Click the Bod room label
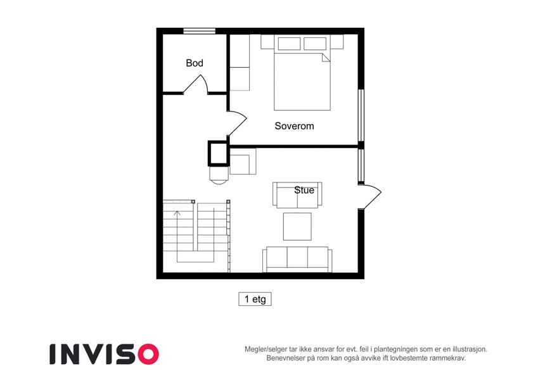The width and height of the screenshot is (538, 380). pos(194,63)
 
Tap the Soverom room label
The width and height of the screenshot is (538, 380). pos(294,126)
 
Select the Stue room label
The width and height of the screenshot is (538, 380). pos(304,190)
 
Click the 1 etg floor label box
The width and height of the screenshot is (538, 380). pos(255,299)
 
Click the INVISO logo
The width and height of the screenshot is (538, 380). pos(105,354)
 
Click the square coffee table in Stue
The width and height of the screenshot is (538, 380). pos(297,226)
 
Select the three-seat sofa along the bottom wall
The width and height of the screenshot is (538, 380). pos(297,259)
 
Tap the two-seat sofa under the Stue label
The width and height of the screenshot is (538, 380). pos(297,195)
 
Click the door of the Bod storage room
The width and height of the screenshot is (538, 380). pos(196,84)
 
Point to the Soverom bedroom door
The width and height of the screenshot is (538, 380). pos(238,123)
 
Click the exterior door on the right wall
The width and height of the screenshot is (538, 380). pos(371,196)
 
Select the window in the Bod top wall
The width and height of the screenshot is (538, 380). pos(200,31)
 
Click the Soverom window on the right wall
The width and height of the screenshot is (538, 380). pos(361,115)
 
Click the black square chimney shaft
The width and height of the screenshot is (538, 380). pos(218,153)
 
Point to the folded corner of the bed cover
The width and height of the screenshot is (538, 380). pos(326,57)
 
